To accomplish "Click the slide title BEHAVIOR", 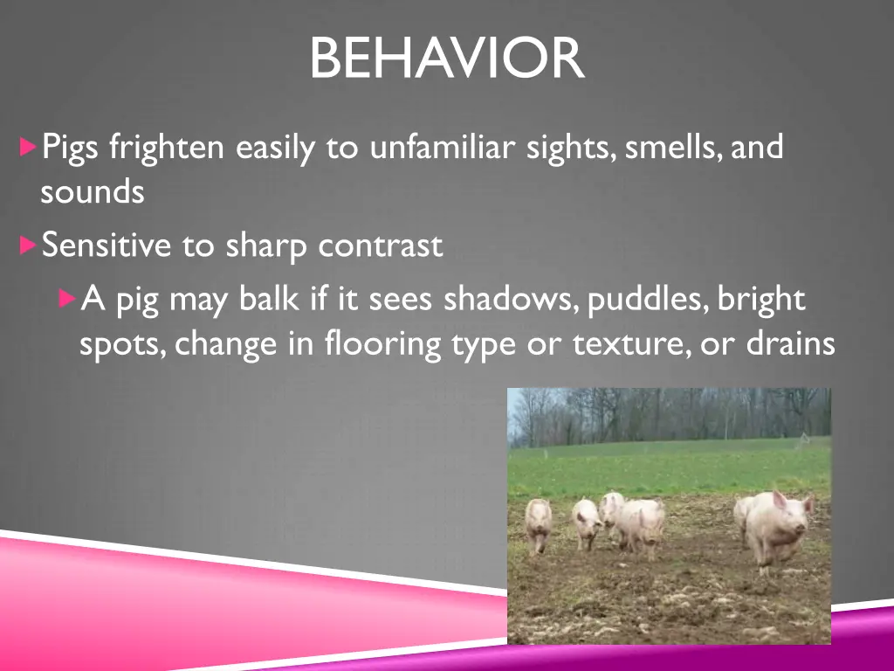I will pyautogui.click(x=447, y=59).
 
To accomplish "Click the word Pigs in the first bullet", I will pyautogui.click(x=72, y=148).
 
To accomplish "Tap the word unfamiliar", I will pyautogui.click(x=444, y=147).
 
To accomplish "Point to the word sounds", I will pyautogui.click(x=92, y=192).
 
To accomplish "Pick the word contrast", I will pyautogui.click(x=380, y=246).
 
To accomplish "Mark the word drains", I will pyautogui.click(x=791, y=344).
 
